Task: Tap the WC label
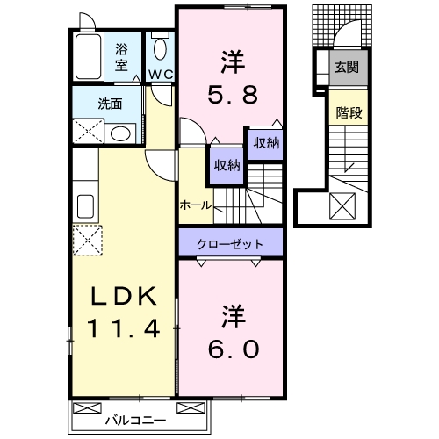click(x=159, y=73)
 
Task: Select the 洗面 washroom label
click(x=110, y=102)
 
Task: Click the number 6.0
click(x=233, y=349)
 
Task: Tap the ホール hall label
click(x=195, y=204)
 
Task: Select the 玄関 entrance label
click(x=347, y=65)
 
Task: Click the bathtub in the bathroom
click(x=90, y=58)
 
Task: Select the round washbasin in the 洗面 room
click(x=121, y=134)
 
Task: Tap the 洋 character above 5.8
click(x=231, y=62)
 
